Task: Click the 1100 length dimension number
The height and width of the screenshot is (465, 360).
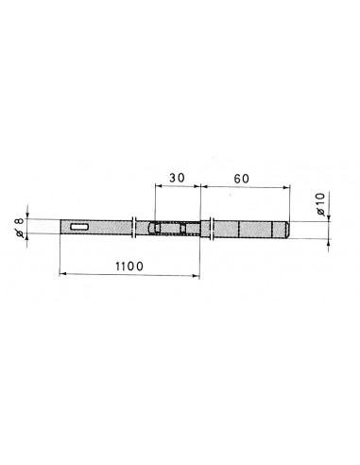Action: point(129,267)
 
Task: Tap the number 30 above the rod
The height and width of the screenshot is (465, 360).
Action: point(177,178)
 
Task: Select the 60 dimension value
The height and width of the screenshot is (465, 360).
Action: point(242,179)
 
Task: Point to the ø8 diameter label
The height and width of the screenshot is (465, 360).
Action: point(19,227)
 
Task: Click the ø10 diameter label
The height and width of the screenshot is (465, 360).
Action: point(320,204)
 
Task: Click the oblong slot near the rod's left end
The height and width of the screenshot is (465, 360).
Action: point(79,227)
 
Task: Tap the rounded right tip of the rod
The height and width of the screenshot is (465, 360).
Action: point(287,230)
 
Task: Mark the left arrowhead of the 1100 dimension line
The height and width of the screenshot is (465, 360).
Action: point(62,274)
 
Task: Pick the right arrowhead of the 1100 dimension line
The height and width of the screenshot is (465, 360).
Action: point(197,276)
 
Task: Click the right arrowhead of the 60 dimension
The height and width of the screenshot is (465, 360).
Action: point(286,187)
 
